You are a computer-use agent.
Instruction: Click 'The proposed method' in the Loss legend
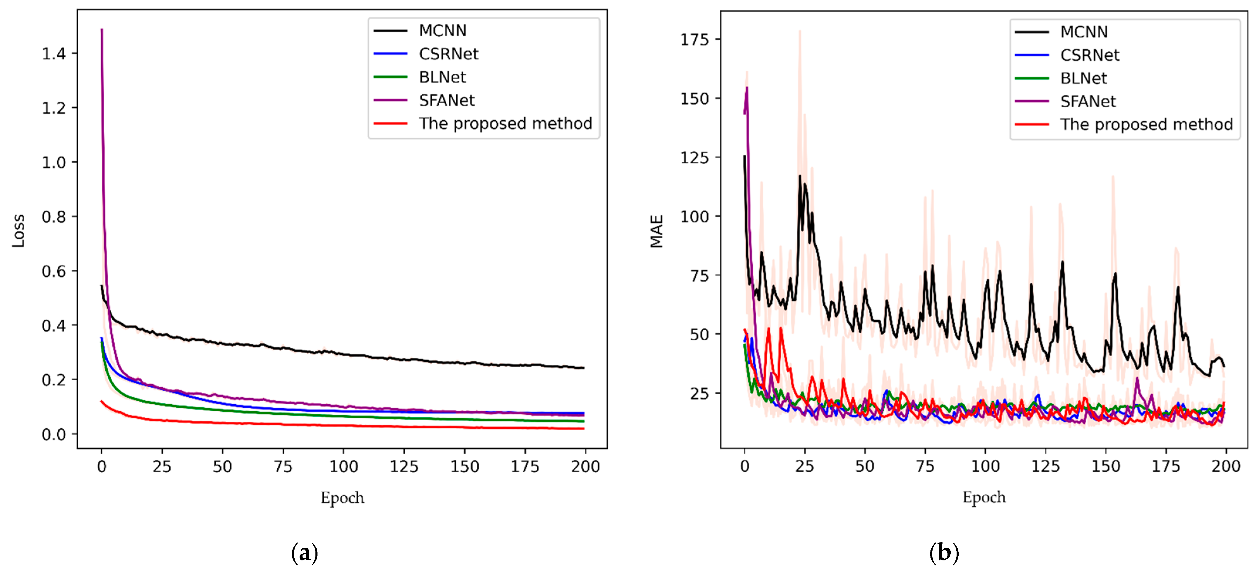[x=505, y=123]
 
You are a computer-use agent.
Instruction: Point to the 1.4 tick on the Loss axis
[x=54, y=54]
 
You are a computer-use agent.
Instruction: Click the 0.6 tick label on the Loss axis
[x=54, y=271]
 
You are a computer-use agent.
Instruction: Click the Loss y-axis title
[x=18, y=231]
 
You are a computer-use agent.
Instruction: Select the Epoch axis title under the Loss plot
[x=342, y=498]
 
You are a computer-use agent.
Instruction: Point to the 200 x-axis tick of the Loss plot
[x=585, y=467]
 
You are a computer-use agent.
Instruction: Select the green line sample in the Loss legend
[x=390, y=77]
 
